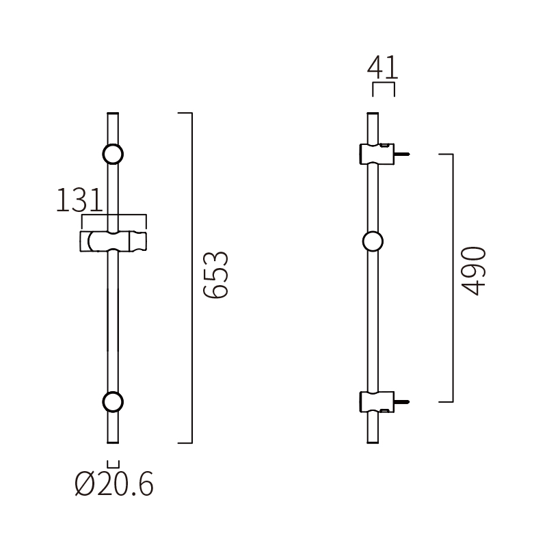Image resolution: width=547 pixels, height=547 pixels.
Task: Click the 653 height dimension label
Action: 216,275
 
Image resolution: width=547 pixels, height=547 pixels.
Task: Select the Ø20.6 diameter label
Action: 114,485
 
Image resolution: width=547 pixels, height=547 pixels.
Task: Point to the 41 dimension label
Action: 383,68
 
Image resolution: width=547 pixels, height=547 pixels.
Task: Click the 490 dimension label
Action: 473,271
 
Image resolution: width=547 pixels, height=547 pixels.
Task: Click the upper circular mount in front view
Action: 113,155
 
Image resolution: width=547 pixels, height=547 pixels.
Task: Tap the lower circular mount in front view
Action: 113,402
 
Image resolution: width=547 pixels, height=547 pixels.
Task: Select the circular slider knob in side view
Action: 373,241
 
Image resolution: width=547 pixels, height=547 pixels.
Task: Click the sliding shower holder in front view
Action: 114,241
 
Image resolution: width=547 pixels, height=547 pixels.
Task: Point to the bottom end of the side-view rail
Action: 373,440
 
